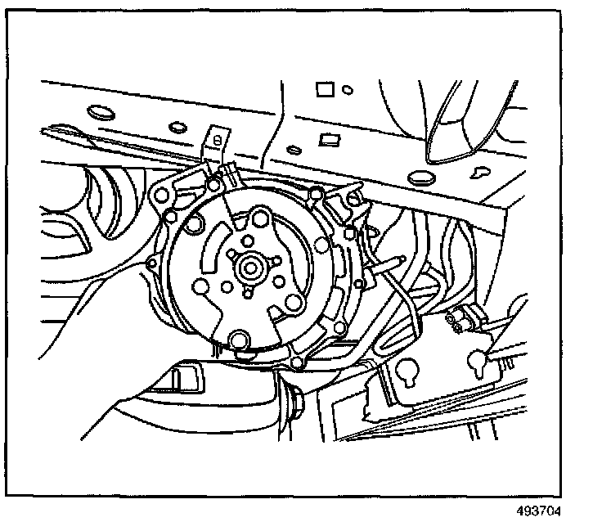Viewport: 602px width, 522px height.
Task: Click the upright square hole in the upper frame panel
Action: coord(323,88)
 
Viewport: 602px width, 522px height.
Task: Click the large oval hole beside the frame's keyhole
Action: coord(423,177)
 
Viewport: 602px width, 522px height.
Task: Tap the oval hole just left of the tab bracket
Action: coord(175,128)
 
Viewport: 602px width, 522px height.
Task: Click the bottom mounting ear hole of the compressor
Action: coord(297,362)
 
